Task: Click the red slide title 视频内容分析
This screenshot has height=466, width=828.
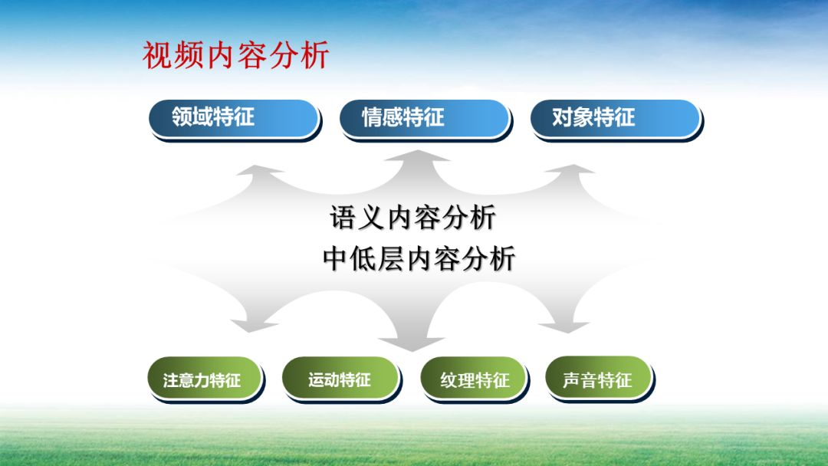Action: (236, 56)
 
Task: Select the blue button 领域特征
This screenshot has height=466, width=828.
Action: (234, 118)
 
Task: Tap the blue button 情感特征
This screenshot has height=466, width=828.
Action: (424, 118)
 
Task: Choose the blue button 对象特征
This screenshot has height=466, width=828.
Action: (615, 118)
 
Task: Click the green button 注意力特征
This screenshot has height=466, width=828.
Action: (203, 379)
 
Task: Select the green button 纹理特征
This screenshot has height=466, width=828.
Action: (474, 379)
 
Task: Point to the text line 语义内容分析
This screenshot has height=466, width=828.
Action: (413, 218)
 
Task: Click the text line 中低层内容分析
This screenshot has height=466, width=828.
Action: (419, 259)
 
